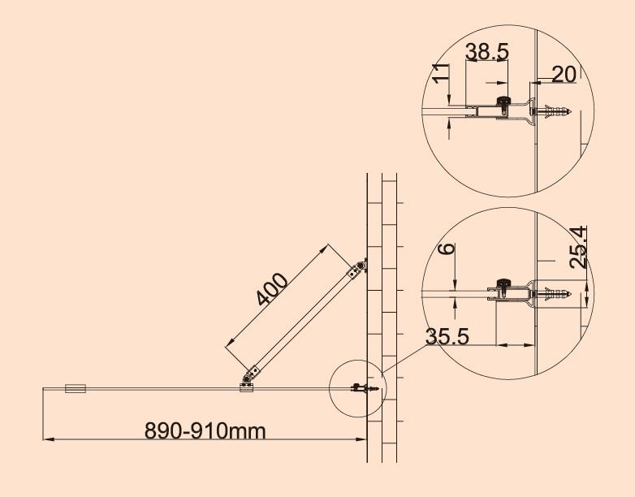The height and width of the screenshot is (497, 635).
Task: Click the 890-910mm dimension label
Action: click(x=205, y=431)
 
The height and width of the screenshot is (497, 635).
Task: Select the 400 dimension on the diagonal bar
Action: click(x=273, y=289)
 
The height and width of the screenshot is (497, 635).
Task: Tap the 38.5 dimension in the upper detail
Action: click(x=486, y=51)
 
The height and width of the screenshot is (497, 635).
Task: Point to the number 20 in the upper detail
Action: click(x=564, y=75)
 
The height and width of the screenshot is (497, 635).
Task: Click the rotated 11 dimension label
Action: click(x=441, y=73)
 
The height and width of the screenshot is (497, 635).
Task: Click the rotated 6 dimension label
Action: click(x=447, y=248)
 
